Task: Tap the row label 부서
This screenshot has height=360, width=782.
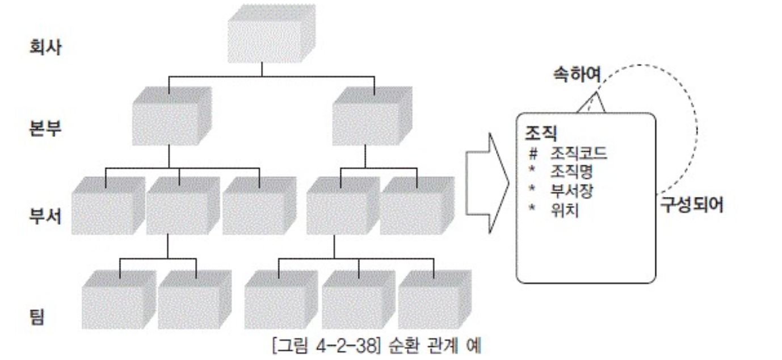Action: (45, 217)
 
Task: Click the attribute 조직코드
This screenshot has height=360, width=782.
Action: (574, 153)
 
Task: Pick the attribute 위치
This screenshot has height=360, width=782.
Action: (560, 209)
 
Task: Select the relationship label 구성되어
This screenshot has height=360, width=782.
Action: (691, 206)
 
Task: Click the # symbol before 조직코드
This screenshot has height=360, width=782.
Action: (532, 153)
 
